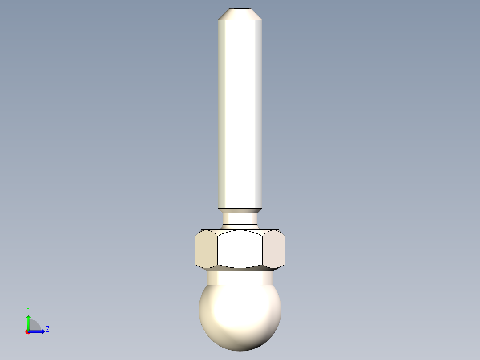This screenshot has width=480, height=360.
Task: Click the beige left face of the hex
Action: coord(206,250)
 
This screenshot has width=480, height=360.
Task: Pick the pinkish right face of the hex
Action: coord(273,250)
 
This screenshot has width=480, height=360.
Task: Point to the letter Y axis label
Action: coord(28,309)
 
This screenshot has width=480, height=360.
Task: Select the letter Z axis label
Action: coord(47,329)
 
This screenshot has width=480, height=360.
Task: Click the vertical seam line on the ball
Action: coord(240,316)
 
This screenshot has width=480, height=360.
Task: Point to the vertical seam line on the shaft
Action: coord(240,111)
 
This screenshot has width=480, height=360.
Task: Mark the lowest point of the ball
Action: coord(240,351)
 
